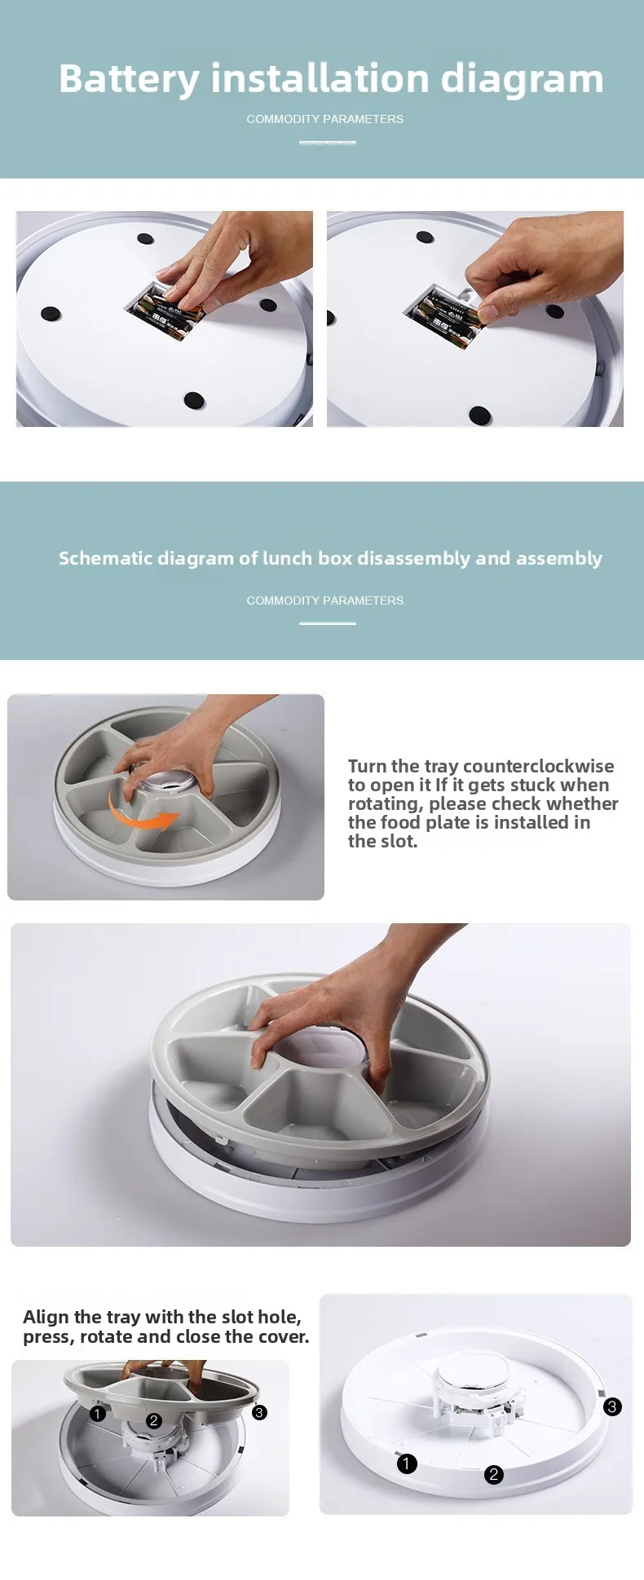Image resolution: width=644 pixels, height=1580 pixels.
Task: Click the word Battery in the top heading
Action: coord(129,80)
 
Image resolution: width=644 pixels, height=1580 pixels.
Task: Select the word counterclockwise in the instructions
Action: coord(538,766)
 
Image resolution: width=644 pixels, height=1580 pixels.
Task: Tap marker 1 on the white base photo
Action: coord(406,1463)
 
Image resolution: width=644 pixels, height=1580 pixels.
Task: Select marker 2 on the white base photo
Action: coord(493,1474)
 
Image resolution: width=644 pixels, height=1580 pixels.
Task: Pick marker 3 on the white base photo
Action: coord(612,1406)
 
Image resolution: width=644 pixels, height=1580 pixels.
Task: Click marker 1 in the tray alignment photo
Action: coord(98,1414)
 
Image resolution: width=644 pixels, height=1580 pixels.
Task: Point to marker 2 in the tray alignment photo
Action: coord(153,1421)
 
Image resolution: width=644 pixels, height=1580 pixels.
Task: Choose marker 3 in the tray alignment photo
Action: coord(259,1412)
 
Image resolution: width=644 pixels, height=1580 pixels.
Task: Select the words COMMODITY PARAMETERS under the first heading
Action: coord(325,119)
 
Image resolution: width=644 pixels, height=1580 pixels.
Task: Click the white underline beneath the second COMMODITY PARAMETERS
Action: coord(328,623)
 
